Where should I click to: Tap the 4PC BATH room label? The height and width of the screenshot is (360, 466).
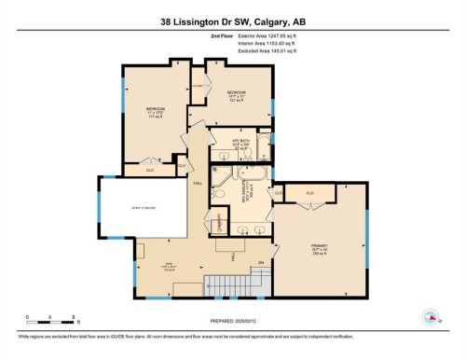pos(241,146)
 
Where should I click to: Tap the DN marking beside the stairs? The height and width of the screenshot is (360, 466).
pos(261,264)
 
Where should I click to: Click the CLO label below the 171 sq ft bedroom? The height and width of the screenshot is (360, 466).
pos(150,170)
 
